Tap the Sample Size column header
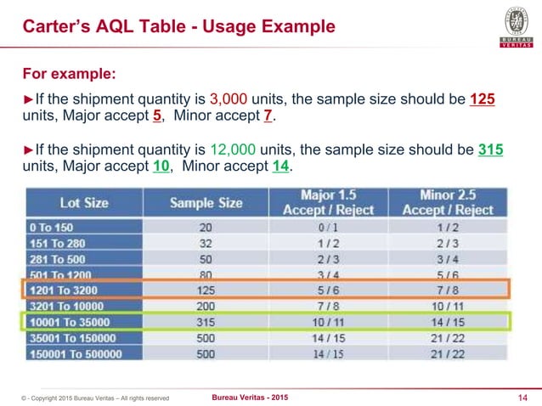point(206,203)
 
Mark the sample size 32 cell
point(206,243)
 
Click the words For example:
point(68,69)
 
